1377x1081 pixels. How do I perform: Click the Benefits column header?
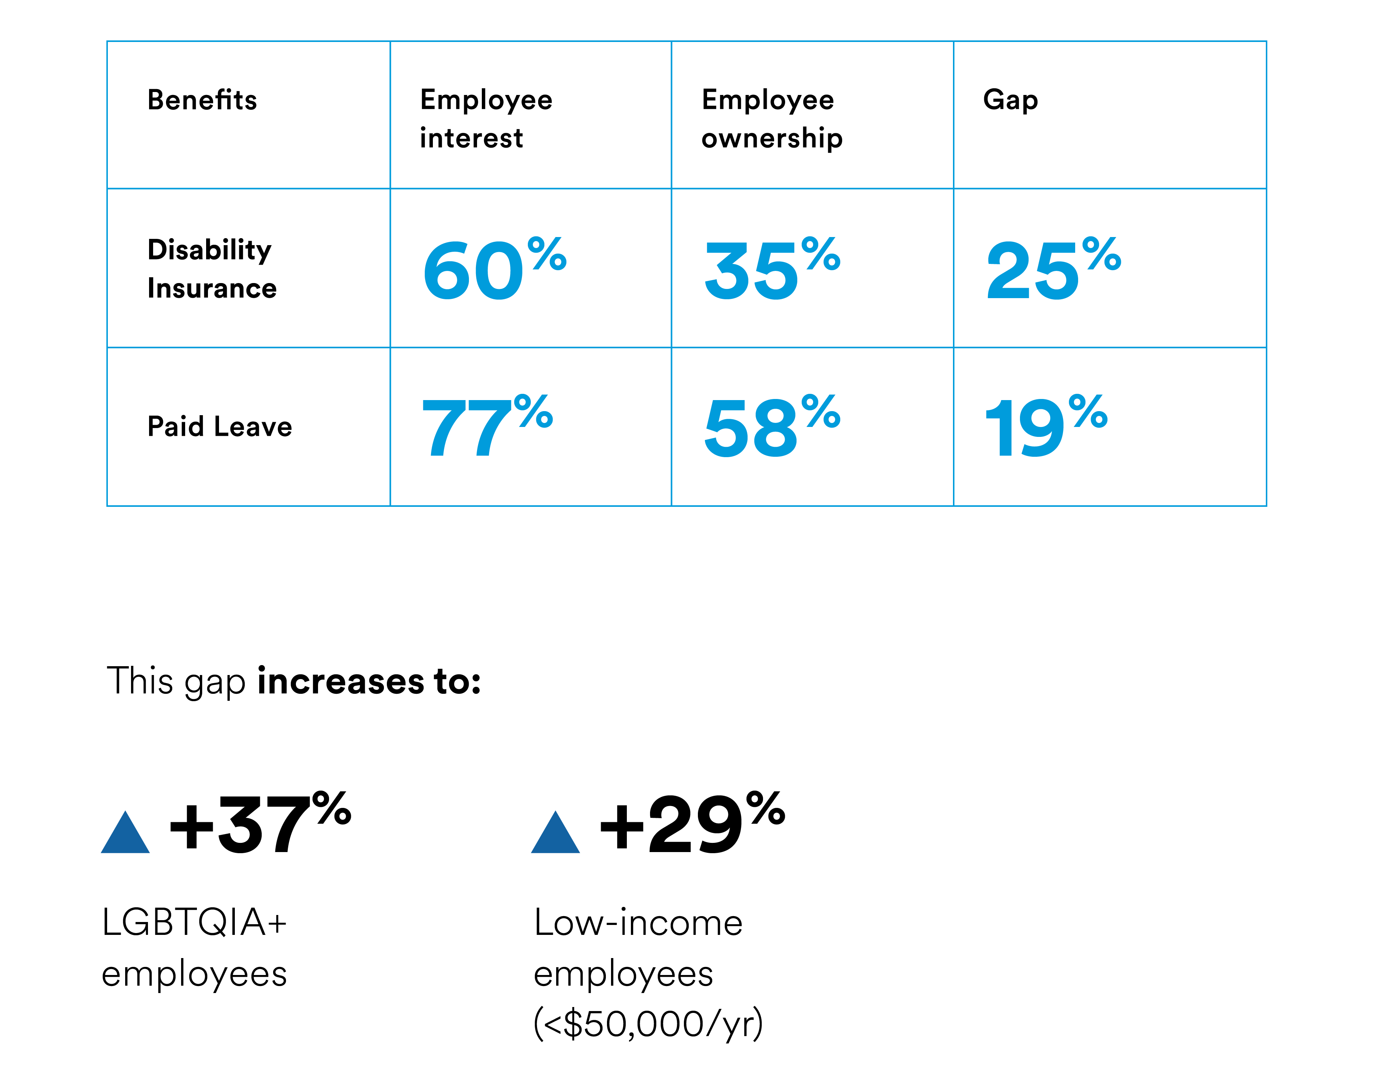pyautogui.click(x=202, y=100)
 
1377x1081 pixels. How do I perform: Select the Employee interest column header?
pyautogui.click(x=486, y=119)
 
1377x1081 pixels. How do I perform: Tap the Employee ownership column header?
pyautogui.click(x=772, y=119)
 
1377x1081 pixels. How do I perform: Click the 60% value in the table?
pyautogui.click(x=494, y=269)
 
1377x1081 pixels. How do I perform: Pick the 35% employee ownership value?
pyautogui.click(x=772, y=269)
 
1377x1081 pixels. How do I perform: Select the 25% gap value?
pyautogui.click(x=1052, y=269)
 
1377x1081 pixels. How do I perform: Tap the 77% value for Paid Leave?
pyautogui.click(x=486, y=426)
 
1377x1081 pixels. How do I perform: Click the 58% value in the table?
pyautogui.click(x=772, y=426)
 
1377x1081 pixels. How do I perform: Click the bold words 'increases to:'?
pyautogui.click(x=369, y=682)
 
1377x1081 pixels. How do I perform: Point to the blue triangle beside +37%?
pyautogui.click(x=125, y=834)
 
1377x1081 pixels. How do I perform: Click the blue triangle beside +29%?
pyautogui.click(x=555, y=834)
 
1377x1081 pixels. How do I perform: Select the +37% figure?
pyautogui.click(x=259, y=823)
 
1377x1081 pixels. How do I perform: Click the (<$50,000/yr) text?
pyautogui.click(x=648, y=1024)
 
